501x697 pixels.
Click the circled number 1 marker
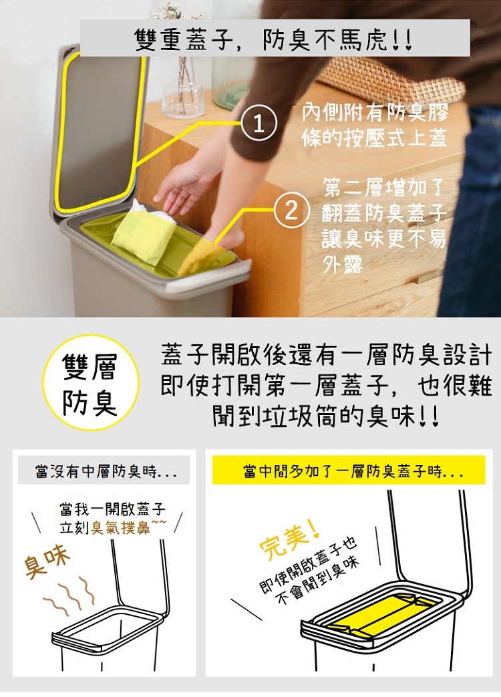coord(259,124)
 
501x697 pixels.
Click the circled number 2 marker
coord(291,211)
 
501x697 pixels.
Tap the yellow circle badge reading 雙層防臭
coord(91,383)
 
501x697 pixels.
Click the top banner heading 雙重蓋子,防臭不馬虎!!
coord(274,39)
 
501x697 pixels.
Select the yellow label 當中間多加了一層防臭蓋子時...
coord(349,470)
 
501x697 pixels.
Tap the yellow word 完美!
coord(289,540)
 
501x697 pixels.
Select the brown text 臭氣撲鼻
coord(121,528)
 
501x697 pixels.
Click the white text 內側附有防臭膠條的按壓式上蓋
coord(375,126)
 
